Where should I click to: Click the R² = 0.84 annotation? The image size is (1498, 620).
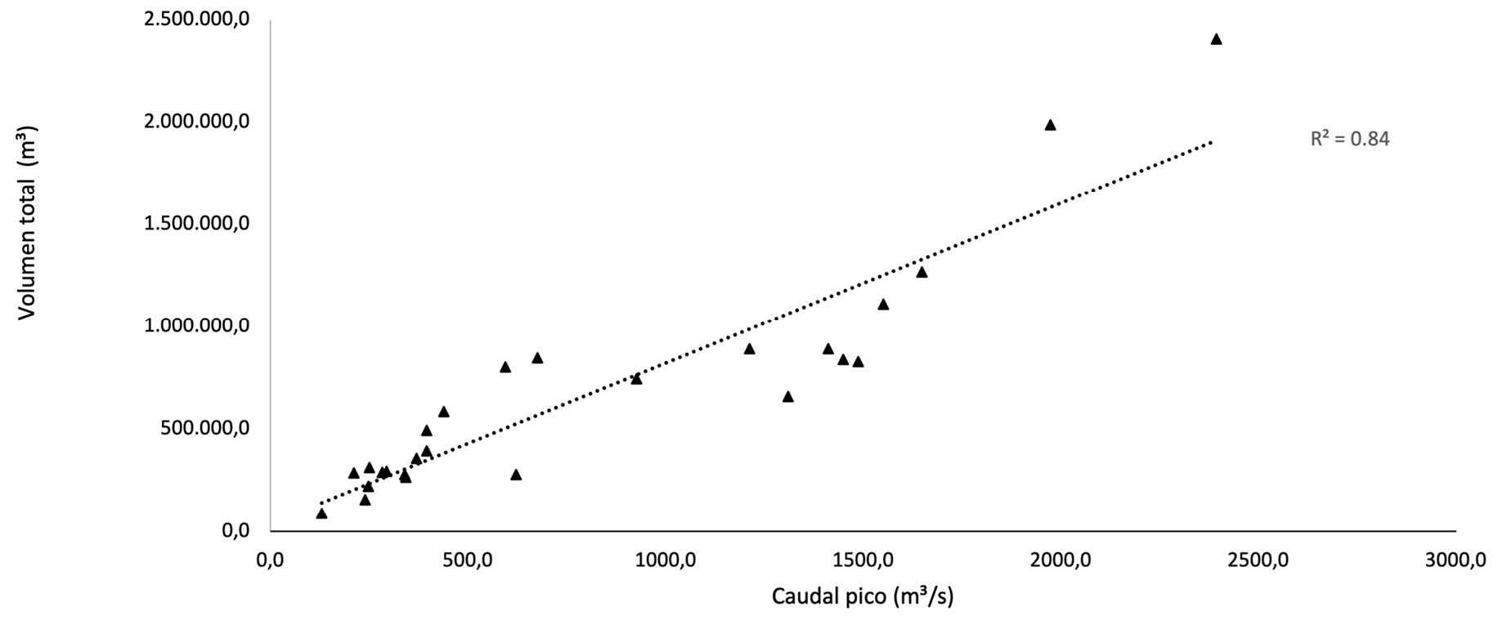click(x=1350, y=139)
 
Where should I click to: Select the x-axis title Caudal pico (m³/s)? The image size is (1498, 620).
click(x=863, y=596)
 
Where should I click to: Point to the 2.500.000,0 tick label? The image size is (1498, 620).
click(x=196, y=19)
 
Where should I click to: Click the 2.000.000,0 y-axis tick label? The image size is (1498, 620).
click(x=196, y=122)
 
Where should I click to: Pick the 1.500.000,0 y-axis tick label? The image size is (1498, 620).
click(x=196, y=224)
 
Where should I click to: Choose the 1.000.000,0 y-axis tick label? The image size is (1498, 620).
click(x=196, y=326)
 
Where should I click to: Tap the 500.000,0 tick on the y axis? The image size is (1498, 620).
click(x=204, y=428)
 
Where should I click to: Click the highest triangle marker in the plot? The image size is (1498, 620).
click(x=1216, y=39)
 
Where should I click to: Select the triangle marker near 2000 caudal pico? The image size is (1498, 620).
click(x=1051, y=125)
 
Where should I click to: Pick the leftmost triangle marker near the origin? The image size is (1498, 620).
click(x=321, y=514)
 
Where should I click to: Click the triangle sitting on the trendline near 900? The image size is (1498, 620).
click(x=636, y=379)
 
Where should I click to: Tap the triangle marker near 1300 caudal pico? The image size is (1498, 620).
click(x=788, y=397)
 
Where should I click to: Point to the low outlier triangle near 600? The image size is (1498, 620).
click(x=516, y=475)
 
